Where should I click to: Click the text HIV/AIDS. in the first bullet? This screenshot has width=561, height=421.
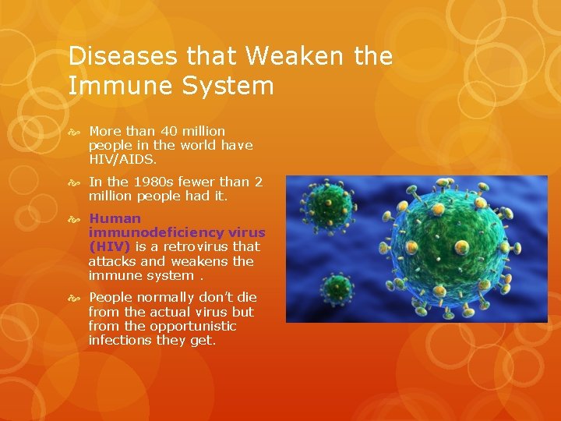(122, 159)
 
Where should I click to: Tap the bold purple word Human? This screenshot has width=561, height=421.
(115, 218)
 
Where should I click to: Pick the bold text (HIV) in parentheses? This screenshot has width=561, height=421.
(110, 246)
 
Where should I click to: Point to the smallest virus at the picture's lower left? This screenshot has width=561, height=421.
(336, 290)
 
